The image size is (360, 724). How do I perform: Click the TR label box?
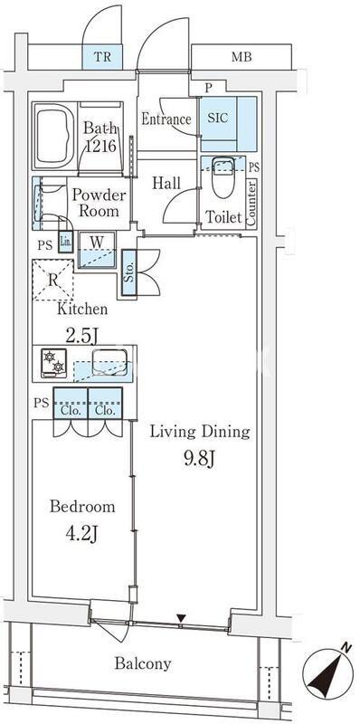(102, 57)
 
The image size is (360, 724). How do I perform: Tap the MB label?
(242, 57)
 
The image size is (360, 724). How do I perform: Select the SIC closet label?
(217, 118)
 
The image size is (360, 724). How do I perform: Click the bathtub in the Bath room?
(55, 136)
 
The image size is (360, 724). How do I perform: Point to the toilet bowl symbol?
(223, 176)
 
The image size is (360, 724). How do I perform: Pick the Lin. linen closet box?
(65, 241)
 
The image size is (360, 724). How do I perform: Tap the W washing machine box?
(97, 250)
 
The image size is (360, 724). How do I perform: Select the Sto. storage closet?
(129, 272)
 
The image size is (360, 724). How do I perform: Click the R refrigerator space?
(53, 281)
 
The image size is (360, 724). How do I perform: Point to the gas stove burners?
(53, 363)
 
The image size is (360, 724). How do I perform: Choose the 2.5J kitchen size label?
(81, 336)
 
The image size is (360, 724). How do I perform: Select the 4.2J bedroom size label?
(81, 534)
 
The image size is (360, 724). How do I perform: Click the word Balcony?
(143, 663)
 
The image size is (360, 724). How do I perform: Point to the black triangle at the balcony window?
(181, 618)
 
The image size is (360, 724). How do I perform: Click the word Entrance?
(166, 119)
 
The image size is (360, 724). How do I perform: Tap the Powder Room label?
(99, 203)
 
